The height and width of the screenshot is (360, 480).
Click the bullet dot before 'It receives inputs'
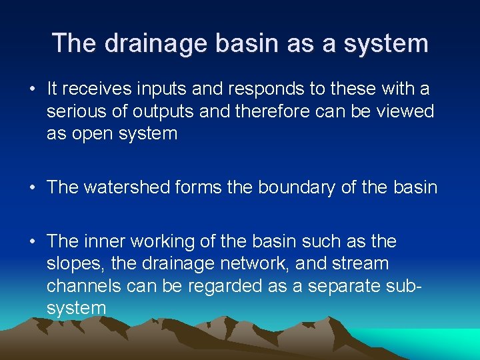(32, 89)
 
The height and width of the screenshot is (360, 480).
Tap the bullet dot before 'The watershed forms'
(32, 187)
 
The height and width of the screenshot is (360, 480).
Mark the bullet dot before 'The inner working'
(32, 241)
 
